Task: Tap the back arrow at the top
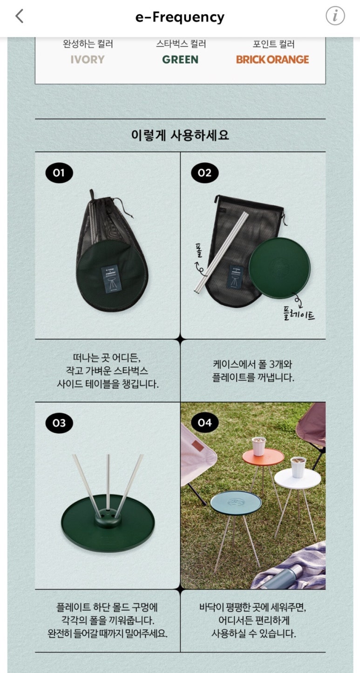(x=20, y=16)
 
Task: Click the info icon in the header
(x=335, y=16)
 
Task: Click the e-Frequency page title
(x=180, y=17)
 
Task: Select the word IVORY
(x=88, y=60)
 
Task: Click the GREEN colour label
(x=180, y=60)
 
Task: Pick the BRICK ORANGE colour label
(x=272, y=60)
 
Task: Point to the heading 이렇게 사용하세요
(x=180, y=135)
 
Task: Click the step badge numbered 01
(x=59, y=173)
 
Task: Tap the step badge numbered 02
(x=204, y=173)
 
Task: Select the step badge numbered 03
(x=59, y=423)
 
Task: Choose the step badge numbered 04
(x=204, y=423)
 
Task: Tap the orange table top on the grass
(x=263, y=457)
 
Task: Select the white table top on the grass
(x=298, y=478)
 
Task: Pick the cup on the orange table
(x=258, y=446)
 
